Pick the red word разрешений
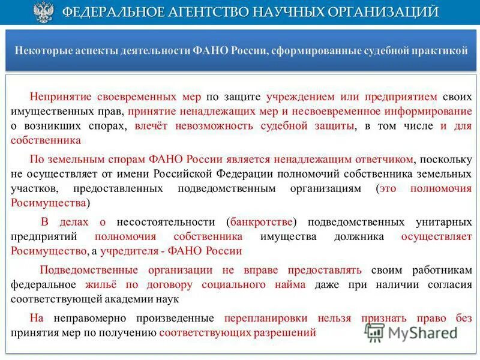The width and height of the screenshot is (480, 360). pyautogui.click(x=286, y=332)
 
